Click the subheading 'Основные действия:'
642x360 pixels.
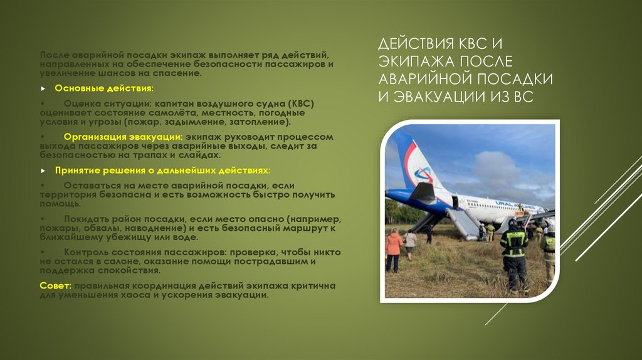coord(103,88)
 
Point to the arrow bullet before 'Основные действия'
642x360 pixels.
coord(43,89)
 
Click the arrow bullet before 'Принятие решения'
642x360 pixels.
coord(43,171)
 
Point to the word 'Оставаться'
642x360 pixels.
coord(92,186)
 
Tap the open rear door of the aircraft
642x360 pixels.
coord(455,202)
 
